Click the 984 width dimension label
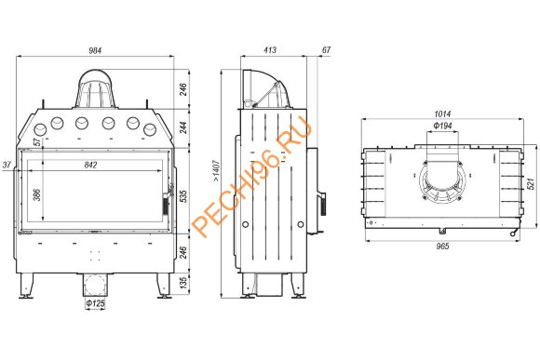(x=95, y=50)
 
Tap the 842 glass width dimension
(x=90, y=165)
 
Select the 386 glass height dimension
(x=37, y=194)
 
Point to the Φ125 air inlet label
(x=95, y=303)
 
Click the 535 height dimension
(x=184, y=196)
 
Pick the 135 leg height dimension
(x=184, y=283)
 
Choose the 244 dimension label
(x=184, y=127)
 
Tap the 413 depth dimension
(x=270, y=50)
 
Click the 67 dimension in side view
(x=326, y=50)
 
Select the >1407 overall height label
(x=216, y=171)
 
